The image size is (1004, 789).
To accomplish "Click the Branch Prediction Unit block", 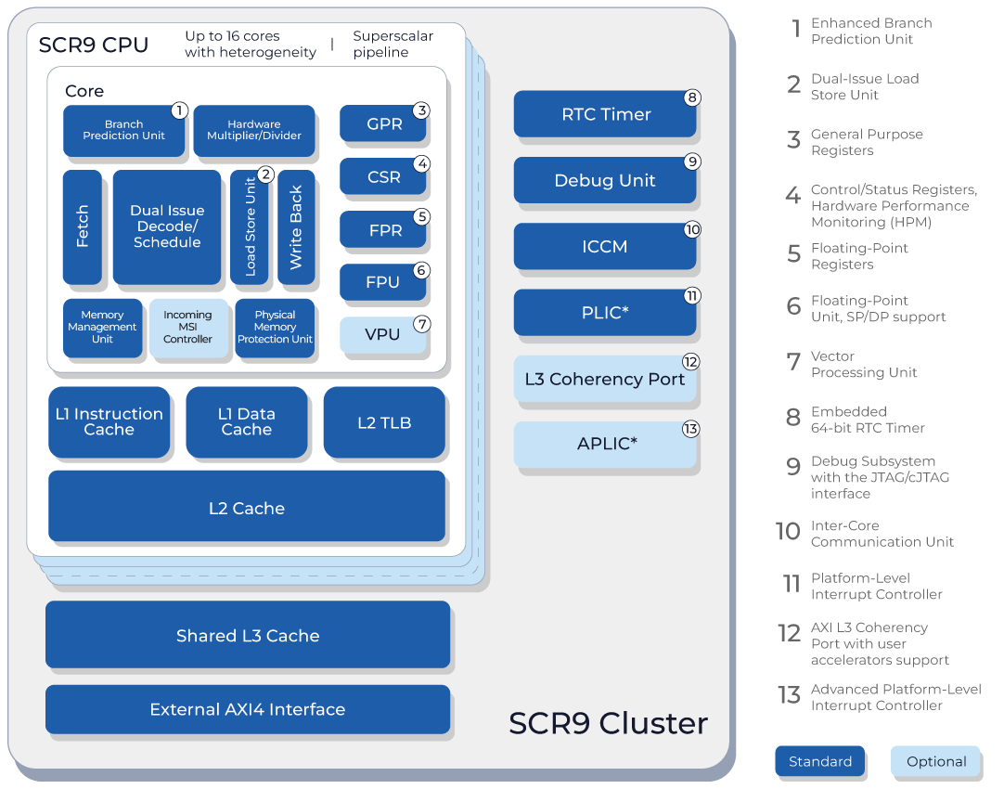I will coord(124,130).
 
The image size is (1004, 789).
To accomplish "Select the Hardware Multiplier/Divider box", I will coord(253,130).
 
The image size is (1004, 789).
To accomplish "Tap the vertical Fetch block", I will coord(83,226).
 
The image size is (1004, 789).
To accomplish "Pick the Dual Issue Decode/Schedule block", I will coord(167,226).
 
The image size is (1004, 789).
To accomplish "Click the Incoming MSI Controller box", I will coord(187,328).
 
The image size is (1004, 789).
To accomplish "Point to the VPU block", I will coord(382,335).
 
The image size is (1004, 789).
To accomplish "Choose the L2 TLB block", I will coord(384,422).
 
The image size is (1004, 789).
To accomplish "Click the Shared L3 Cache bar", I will coord(248,635).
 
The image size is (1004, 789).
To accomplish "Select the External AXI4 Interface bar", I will coord(248,709).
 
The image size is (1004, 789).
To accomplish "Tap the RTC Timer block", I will coord(605,114).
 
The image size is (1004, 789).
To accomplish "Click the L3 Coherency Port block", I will coord(605,379).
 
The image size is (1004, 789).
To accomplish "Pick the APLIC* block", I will coord(605,444).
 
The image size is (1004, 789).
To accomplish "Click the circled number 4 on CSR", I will coord(421,164).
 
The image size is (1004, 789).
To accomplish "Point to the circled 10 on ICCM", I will coord(691,229).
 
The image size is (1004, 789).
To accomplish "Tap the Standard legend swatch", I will coord(820,761).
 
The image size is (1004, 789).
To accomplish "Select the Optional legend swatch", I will coord(935,761).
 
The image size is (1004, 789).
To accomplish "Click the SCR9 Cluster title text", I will coord(608,723).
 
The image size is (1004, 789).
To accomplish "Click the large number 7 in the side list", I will coord(793,362).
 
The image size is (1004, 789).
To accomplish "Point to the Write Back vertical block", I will coord(296,226).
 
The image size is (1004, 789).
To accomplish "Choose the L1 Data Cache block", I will coord(246,422).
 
